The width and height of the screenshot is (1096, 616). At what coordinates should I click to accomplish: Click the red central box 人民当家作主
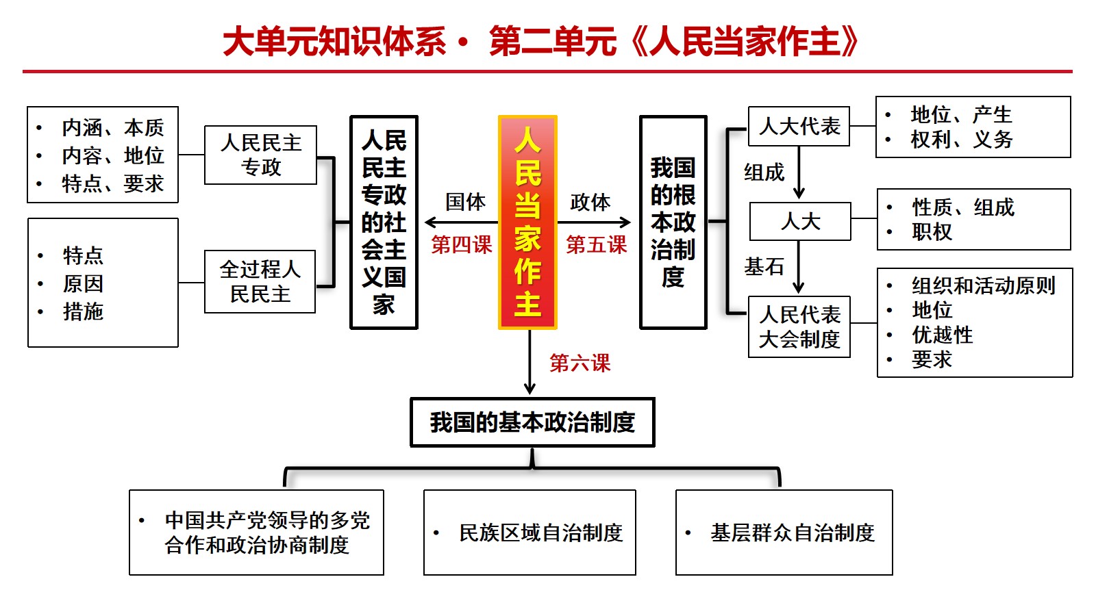527,222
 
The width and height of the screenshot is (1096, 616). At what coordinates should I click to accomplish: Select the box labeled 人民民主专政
260,155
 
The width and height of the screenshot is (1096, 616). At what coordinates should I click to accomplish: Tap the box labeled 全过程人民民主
260,281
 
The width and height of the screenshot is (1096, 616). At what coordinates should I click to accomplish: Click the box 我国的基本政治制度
532,422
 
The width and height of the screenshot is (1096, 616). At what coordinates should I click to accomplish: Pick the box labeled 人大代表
799,126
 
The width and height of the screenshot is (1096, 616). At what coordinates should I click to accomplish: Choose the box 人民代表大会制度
799,326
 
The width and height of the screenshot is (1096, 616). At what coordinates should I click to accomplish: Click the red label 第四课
462,244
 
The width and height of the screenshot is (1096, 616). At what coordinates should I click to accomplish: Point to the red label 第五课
596,244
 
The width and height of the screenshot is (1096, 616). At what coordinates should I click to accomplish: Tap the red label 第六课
580,363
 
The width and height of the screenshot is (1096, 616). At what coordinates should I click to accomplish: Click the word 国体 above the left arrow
465,202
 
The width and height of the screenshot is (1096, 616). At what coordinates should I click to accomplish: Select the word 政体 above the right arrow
590,202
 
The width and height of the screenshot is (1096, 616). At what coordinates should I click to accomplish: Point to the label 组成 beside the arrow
764,172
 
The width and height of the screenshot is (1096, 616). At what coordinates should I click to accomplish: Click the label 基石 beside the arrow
764,266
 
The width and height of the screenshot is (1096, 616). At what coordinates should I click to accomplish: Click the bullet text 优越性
943,335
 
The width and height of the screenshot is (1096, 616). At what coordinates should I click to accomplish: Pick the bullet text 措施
83,311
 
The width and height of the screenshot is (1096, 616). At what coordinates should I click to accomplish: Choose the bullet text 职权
932,232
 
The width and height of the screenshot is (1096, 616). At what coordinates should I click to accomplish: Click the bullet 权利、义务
962,140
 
